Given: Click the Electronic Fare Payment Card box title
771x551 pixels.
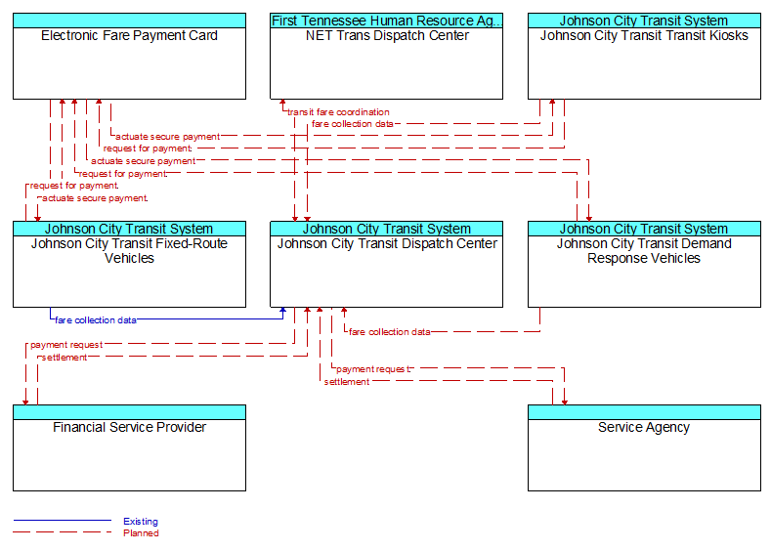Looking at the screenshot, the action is click(x=129, y=36).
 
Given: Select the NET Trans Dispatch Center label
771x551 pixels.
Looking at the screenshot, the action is click(x=387, y=36).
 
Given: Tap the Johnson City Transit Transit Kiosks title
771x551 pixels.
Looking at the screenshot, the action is click(x=644, y=36).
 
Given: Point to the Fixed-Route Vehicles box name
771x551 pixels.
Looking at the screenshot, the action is click(x=129, y=251).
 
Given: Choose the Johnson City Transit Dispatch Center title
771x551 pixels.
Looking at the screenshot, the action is click(x=387, y=244).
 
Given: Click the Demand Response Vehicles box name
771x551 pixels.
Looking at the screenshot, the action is click(x=644, y=251).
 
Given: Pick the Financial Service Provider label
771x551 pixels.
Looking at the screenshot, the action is click(x=129, y=428).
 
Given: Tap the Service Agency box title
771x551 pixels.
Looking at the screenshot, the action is click(x=644, y=428).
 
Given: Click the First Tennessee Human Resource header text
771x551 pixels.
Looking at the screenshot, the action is click(x=387, y=21).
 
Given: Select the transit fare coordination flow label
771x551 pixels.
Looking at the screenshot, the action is click(x=338, y=112).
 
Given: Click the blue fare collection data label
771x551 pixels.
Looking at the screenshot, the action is click(x=96, y=320).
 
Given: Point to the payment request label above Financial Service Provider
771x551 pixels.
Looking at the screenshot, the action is click(x=66, y=345).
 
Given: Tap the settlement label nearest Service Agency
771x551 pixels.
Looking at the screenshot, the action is click(x=347, y=382).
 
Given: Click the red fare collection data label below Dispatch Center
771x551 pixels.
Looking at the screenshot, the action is click(x=390, y=332).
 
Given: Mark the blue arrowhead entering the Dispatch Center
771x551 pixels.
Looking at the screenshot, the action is click(x=282, y=311).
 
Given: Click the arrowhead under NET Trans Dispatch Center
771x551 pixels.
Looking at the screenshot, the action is click(x=282, y=103).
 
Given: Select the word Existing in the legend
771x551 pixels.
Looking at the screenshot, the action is click(x=141, y=522).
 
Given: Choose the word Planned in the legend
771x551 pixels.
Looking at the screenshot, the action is click(x=141, y=533).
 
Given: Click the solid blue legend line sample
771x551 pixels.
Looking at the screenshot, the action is click(x=63, y=520).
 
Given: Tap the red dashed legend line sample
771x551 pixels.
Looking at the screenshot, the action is click(x=63, y=532).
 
